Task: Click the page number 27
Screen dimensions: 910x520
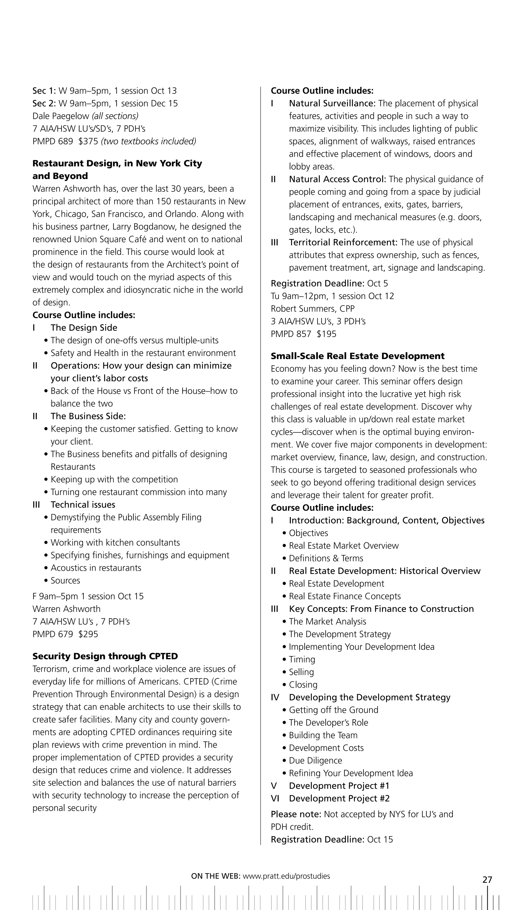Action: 487,879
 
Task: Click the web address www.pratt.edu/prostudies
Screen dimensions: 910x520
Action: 286,876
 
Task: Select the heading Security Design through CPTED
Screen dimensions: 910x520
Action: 105,656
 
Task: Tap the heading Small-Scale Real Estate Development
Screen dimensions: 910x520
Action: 357,356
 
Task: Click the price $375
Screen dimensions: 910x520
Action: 88,141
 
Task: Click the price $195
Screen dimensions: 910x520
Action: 327,334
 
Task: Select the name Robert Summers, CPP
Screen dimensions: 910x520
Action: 313,308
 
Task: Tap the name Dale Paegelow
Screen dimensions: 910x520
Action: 61,116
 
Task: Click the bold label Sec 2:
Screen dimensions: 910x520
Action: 44,103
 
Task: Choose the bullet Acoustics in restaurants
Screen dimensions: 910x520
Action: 96,567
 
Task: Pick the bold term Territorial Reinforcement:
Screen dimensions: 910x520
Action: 343,242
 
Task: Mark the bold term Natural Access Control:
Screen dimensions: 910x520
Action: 337,179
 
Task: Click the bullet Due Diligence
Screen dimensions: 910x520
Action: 315,760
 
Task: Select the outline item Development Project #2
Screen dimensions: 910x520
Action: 339,798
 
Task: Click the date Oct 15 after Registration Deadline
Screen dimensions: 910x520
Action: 380,839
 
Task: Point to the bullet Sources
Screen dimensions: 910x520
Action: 65,580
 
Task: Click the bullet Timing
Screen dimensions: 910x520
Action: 302,659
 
